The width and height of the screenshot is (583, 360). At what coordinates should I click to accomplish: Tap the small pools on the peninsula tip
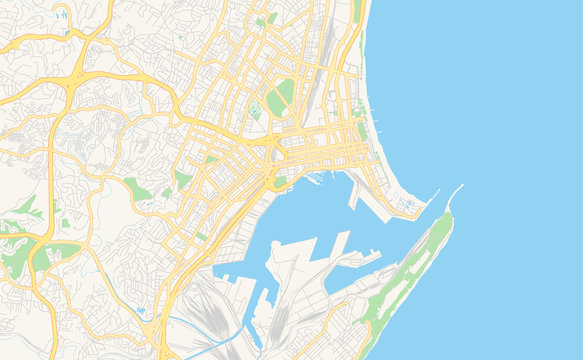pos(409,205)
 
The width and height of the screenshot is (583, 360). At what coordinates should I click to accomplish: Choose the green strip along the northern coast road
pos(357,12)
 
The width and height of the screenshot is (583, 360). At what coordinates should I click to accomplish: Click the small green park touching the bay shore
pos(281,180)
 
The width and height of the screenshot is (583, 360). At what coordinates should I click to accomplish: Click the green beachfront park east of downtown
pos(361,131)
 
